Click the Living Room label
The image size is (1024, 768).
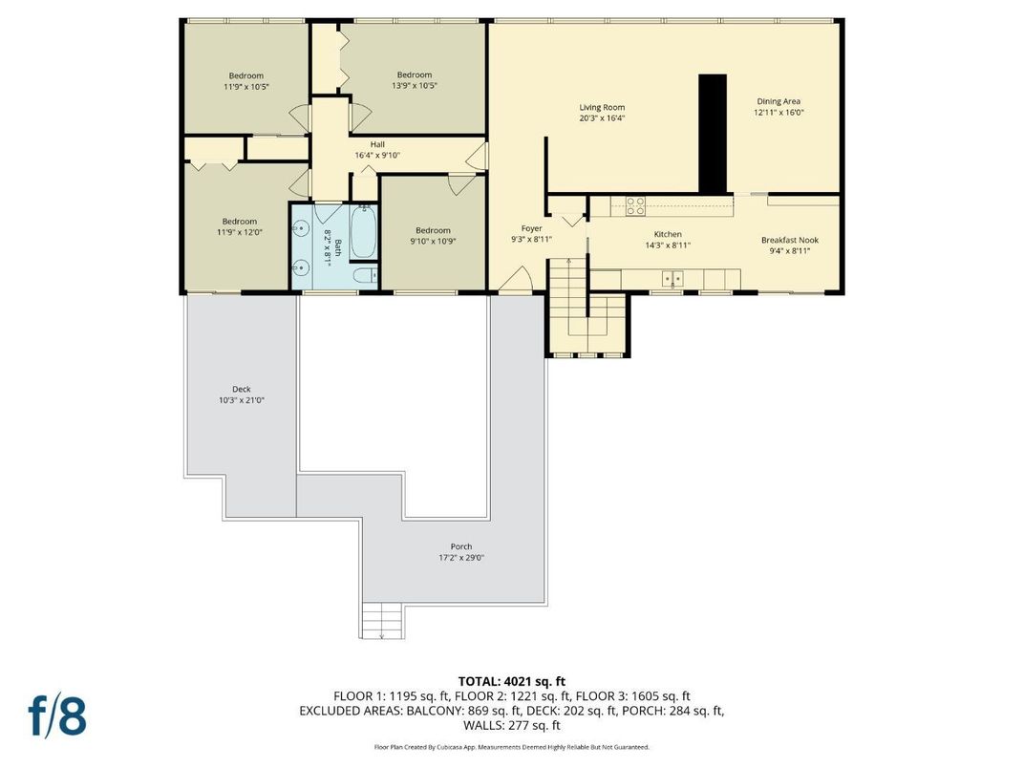point(602,107)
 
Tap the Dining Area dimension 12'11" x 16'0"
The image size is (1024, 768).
point(779,113)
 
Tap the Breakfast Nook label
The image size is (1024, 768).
point(789,240)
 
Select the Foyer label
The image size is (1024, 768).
point(531,228)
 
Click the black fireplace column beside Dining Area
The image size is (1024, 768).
point(713,134)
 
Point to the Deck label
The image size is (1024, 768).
point(242,389)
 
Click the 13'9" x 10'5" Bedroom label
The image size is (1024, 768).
point(415,75)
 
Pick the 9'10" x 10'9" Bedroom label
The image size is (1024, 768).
point(433,229)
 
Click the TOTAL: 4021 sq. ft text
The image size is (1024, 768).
point(511,682)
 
